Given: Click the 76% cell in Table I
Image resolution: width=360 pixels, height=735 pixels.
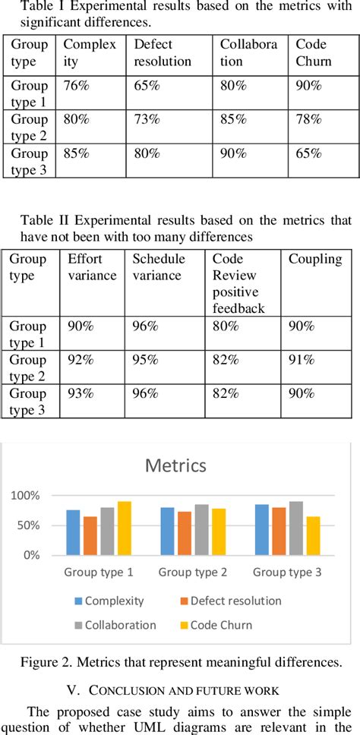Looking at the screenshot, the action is pos(76,85).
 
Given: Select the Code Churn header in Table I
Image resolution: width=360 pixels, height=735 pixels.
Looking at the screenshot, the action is pos(314,52).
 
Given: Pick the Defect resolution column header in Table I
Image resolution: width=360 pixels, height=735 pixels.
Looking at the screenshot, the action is pos(163,52).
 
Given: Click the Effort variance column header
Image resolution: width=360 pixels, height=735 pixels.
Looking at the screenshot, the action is pos(92,267).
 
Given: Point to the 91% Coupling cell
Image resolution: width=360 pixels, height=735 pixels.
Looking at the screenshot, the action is pos(301,360).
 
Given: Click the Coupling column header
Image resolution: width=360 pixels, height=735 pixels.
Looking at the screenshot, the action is pos(315,260).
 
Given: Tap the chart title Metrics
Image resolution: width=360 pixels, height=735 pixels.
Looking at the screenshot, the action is pos(175,465).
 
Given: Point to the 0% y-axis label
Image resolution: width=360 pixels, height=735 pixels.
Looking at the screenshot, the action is pos(39,555).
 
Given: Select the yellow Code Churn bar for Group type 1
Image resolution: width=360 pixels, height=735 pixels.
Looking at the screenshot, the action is pos(125,528).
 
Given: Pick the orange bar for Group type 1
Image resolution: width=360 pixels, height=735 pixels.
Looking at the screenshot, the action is pos(90,536).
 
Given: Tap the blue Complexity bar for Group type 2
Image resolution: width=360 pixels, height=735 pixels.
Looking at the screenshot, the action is pos(167,531).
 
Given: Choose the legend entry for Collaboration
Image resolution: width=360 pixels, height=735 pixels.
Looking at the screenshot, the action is pos(115,625).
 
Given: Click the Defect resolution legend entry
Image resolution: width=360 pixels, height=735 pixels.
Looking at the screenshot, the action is pos(231,601).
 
